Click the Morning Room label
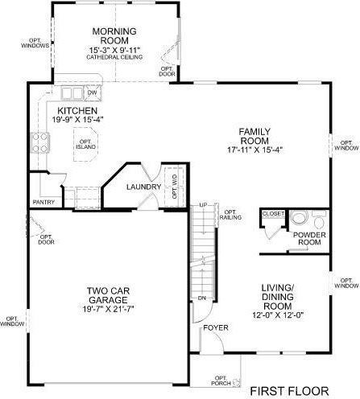click(113, 36)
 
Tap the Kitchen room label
click(78, 111)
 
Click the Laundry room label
click(146, 187)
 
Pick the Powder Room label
click(309, 239)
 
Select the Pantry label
click(43, 202)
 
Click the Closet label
click(272, 215)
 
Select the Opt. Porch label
click(221, 381)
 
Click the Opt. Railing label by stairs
click(234, 212)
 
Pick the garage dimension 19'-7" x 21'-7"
click(110, 309)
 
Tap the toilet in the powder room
click(299, 218)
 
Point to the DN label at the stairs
click(202, 298)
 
